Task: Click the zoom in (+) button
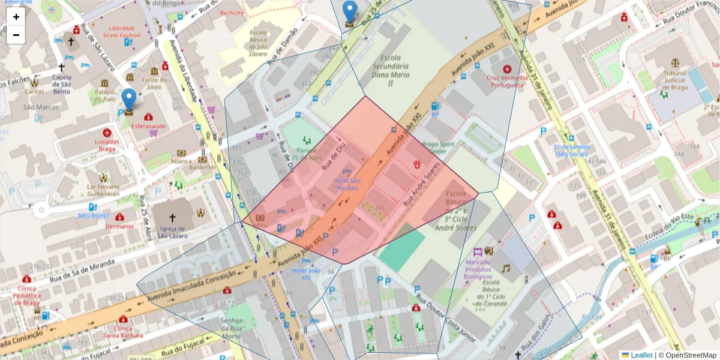16,17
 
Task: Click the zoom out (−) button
16,35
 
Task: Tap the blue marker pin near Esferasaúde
129,101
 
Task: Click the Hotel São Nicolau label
346,184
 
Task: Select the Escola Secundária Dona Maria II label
391,71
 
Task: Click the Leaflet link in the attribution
641,355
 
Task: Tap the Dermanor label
119,226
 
